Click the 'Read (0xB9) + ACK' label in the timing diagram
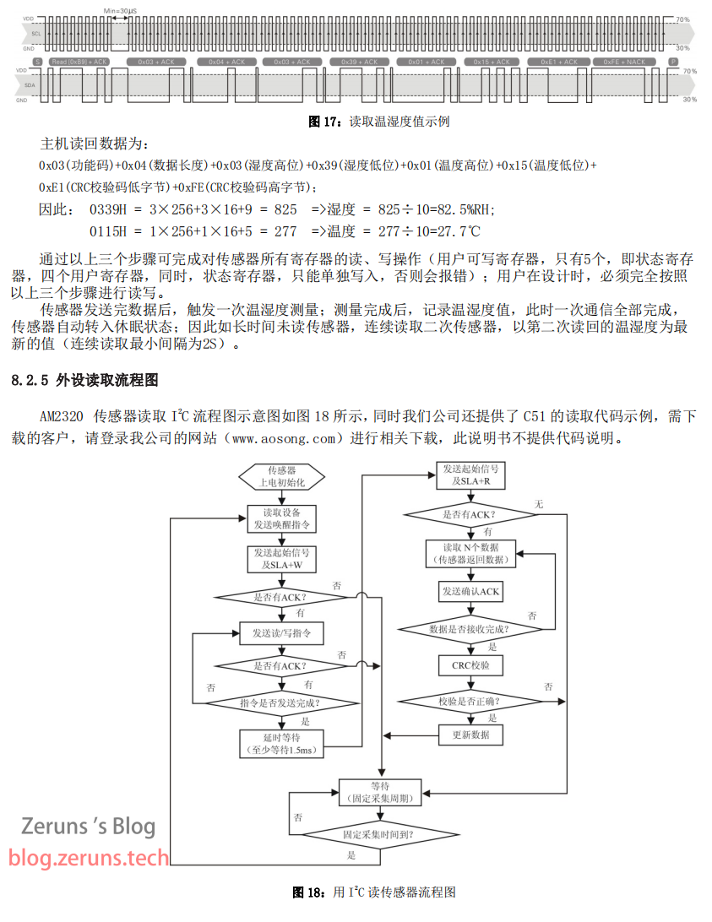pos(79,62)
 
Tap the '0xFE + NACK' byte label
pos(624,62)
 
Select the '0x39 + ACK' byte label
pos(361,62)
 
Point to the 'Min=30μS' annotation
pos(120,9)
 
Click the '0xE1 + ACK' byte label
pos(559,62)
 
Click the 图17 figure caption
pos(378,122)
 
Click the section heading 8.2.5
pos(84,381)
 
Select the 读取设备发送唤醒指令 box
pos(282,518)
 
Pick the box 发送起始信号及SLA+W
pos(282,558)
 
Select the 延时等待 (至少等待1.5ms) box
pos(282,744)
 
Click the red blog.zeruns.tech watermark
pos(90,859)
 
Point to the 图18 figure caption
pos(374,892)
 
